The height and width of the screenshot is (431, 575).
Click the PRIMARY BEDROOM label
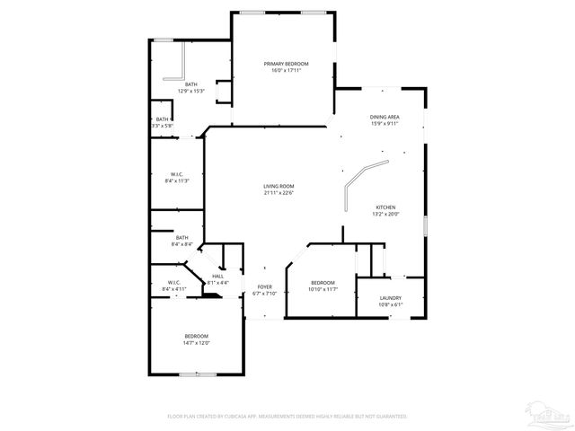(x=286, y=63)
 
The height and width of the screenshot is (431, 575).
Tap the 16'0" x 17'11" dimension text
(x=286, y=70)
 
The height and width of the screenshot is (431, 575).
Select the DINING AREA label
(x=385, y=117)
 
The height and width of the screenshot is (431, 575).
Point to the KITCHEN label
(x=385, y=207)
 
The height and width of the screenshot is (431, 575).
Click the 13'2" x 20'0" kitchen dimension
(x=385, y=214)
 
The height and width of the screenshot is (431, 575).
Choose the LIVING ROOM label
(x=279, y=186)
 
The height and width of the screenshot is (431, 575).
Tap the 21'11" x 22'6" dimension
(x=279, y=193)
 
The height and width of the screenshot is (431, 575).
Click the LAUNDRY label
(x=390, y=298)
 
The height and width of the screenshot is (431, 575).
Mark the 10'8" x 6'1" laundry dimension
(x=390, y=305)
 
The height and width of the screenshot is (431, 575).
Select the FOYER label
(x=265, y=286)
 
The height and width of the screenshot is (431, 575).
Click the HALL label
(x=218, y=277)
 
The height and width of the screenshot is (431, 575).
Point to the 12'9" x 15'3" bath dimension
(x=191, y=91)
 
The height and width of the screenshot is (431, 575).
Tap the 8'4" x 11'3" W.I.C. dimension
(x=177, y=180)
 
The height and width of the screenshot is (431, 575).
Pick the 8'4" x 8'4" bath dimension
(x=181, y=244)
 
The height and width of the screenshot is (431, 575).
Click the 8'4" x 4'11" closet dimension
(x=174, y=289)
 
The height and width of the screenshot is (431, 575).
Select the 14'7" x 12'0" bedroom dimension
(x=196, y=343)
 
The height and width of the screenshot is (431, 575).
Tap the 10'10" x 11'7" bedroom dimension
(x=323, y=289)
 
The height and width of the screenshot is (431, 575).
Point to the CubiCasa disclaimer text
(x=287, y=417)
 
